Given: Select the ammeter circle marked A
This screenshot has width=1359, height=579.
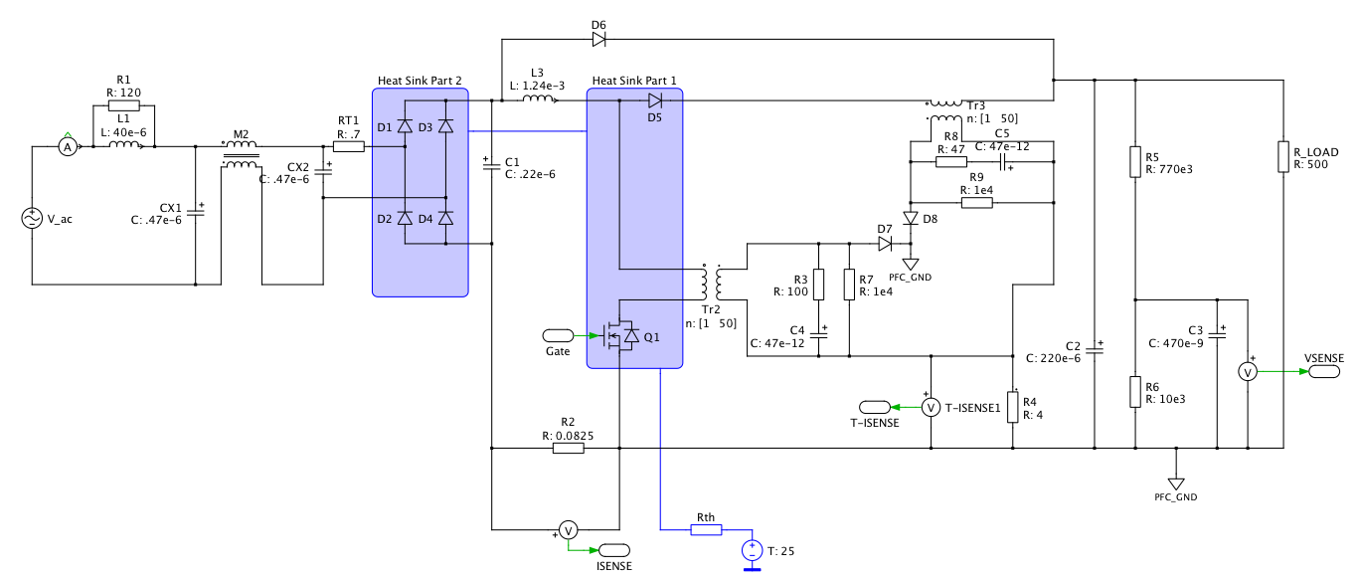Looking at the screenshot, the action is click(x=68, y=147).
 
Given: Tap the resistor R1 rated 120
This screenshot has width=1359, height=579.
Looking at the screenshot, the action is click(x=123, y=105).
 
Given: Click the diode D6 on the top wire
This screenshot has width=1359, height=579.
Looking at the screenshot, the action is click(x=598, y=40).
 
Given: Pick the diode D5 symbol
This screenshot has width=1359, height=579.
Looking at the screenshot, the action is click(x=654, y=100).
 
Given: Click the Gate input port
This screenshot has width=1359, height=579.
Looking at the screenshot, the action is click(x=558, y=335).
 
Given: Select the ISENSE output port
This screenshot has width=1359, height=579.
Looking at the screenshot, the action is click(x=614, y=550).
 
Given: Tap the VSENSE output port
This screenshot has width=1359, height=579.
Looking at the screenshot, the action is click(x=1324, y=371).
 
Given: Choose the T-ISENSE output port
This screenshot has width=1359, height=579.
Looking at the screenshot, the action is click(x=875, y=407).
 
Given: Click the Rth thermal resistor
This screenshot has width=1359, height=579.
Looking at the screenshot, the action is click(x=706, y=530).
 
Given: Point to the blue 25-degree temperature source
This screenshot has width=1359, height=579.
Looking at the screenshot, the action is click(x=753, y=550).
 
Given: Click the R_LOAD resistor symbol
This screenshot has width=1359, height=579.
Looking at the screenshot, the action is click(x=1283, y=157).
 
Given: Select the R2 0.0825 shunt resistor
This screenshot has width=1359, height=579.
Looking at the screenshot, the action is click(x=569, y=448).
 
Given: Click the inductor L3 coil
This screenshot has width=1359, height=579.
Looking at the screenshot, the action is click(x=538, y=98).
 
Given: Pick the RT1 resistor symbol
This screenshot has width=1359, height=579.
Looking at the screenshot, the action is click(x=349, y=146).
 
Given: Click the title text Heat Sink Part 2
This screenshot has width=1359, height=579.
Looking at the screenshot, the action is click(x=420, y=81).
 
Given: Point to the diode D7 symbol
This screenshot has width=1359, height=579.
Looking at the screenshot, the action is click(x=885, y=244).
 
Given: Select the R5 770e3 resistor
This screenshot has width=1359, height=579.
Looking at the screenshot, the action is click(x=1135, y=161).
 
